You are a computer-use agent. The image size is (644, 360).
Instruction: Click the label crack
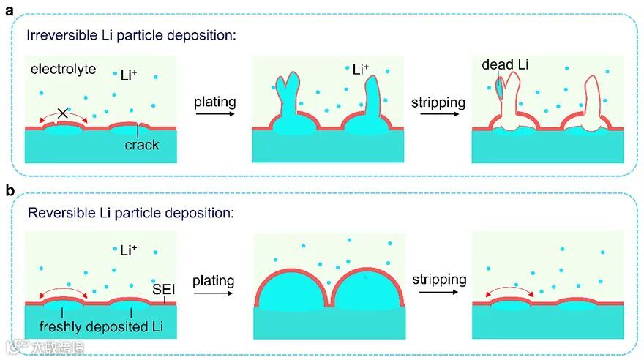142,144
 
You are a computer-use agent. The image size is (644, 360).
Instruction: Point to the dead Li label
505,65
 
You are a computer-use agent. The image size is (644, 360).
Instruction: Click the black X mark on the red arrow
63,113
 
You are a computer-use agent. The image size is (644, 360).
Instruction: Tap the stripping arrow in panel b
438,292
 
